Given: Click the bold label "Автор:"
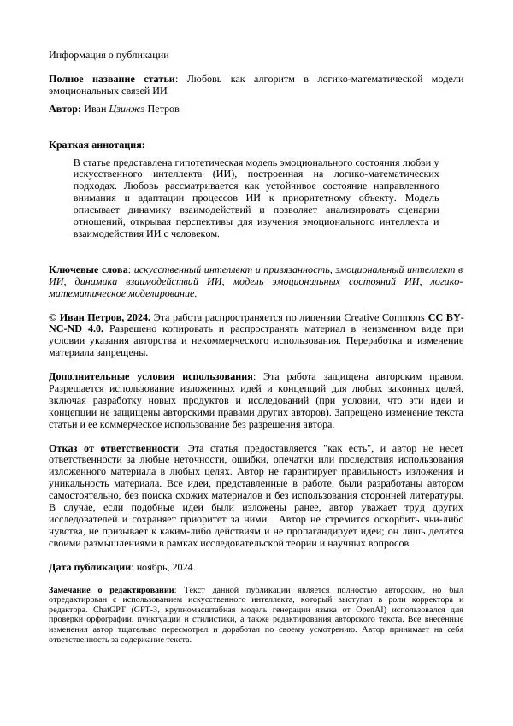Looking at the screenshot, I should tap(65, 109).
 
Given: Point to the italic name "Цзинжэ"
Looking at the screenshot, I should tap(127, 109).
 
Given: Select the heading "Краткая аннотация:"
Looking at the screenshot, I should tap(97, 145).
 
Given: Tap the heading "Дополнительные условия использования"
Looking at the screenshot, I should tap(150, 376).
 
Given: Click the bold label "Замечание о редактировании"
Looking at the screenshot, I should tap(111, 590).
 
